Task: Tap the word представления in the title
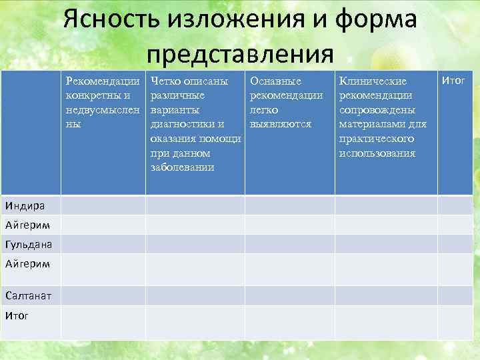240,51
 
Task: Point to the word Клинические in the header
373,81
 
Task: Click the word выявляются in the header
281,124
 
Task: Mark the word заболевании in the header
183,167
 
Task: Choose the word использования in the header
377,153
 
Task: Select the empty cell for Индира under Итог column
458,205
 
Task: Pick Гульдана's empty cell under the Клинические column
386,244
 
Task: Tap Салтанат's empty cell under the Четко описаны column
195,295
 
